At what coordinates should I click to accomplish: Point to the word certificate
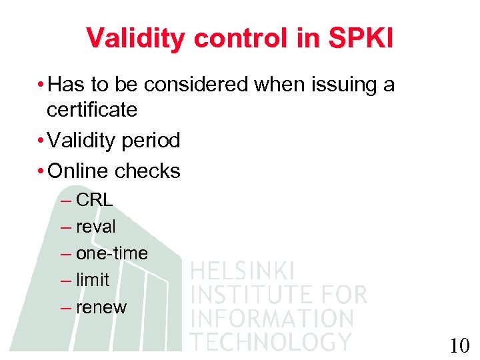click(x=92, y=110)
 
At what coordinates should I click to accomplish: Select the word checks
click(x=148, y=171)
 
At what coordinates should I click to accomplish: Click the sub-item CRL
click(x=95, y=200)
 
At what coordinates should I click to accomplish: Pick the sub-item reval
click(x=96, y=227)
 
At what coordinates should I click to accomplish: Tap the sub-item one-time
click(x=112, y=253)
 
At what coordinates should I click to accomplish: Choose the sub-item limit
click(x=93, y=280)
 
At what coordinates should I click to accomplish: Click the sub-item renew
click(x=101, y=307)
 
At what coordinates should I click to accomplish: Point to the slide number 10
click(x=459, y=345)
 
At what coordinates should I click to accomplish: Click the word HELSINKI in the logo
click(x=243, y=271)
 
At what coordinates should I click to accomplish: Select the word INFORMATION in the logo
click(x=271, y=317)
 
